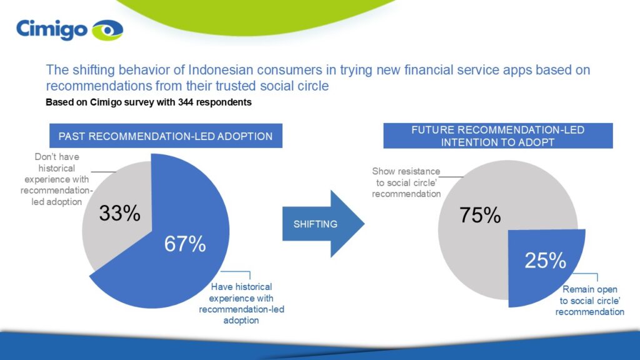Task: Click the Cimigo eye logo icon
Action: pos(107,30)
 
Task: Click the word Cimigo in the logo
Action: pos(52,30)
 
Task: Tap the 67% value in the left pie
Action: pos(185,244)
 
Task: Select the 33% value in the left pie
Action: pos(119,213)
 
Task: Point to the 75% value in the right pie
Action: pos(480,215)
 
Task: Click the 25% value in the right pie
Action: pos(545,261)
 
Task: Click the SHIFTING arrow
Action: pos(323,224)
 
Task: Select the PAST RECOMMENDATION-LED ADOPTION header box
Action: pos(166,136)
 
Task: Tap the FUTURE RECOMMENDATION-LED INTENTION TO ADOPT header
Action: pos(498,136)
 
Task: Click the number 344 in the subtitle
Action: pos(185,102)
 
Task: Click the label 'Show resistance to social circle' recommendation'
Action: pos(406,182)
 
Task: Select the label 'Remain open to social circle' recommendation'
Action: pos(590,301)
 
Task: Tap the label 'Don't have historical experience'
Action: pos(56,179)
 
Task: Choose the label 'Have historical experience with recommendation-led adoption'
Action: pos(241,304)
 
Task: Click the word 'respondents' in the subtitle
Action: pos(224,102)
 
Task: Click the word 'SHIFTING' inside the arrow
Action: pos(316,224)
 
